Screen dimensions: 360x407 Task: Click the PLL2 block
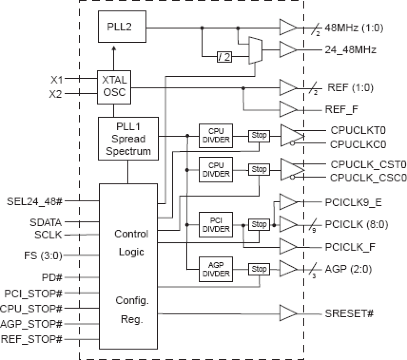122,27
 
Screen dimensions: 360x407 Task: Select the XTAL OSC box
114,87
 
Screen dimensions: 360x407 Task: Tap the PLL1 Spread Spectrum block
128,139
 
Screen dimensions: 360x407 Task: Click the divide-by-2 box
224,57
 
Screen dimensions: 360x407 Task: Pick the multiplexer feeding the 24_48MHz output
255,50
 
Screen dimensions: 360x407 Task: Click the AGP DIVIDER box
216,269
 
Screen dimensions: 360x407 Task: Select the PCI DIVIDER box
216,224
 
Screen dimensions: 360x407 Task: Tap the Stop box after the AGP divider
259,269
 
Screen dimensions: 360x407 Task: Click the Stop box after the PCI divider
259,224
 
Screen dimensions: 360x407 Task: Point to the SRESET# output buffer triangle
287,313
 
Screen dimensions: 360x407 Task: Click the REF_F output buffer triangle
287,109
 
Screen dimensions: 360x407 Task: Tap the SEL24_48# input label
35,201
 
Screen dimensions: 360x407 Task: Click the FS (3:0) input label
43,256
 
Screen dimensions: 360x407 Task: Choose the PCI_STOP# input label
33,294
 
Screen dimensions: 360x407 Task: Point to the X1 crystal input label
57,79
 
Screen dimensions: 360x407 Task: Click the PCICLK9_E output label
353,203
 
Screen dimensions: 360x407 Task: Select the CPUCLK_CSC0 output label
368,178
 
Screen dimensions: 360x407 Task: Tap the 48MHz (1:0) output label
354,28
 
